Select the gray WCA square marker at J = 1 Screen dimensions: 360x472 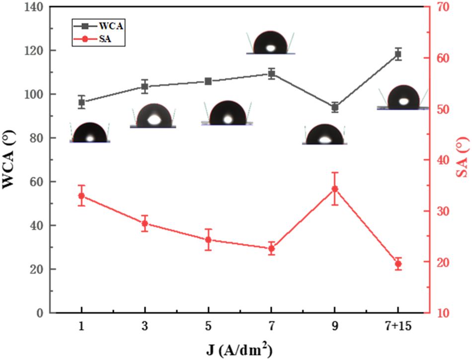coord(81,102)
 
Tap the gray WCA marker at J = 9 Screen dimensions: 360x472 coord(335,107)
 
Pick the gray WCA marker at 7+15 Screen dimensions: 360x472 coord(398,54)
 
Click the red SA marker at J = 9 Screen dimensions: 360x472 coord(335,189)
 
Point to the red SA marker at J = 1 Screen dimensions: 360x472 coord(81,196)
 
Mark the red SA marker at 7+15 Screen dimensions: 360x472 coord(398,264)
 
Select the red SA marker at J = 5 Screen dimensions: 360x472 coord(208,240)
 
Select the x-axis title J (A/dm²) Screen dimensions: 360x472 coord(239,349)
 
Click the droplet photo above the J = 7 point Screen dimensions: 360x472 coord(271,43)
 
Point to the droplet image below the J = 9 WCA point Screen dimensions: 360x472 coord(324,135)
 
